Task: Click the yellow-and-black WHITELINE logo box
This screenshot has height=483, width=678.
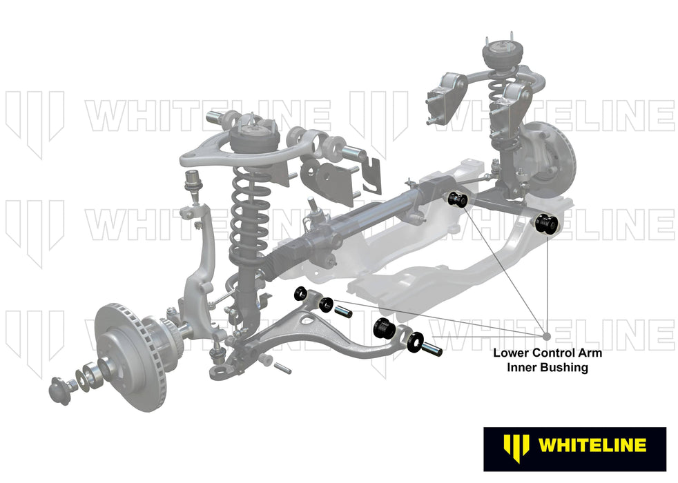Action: point(574,445)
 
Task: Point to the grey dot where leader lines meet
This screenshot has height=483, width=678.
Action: point(547,336)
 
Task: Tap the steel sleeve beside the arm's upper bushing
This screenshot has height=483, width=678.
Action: point(343,311)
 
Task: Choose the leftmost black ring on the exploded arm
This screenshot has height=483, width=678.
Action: point(301,293)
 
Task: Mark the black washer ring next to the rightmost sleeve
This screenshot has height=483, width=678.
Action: point(416,341)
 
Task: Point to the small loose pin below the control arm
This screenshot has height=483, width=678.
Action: point(282,366)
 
